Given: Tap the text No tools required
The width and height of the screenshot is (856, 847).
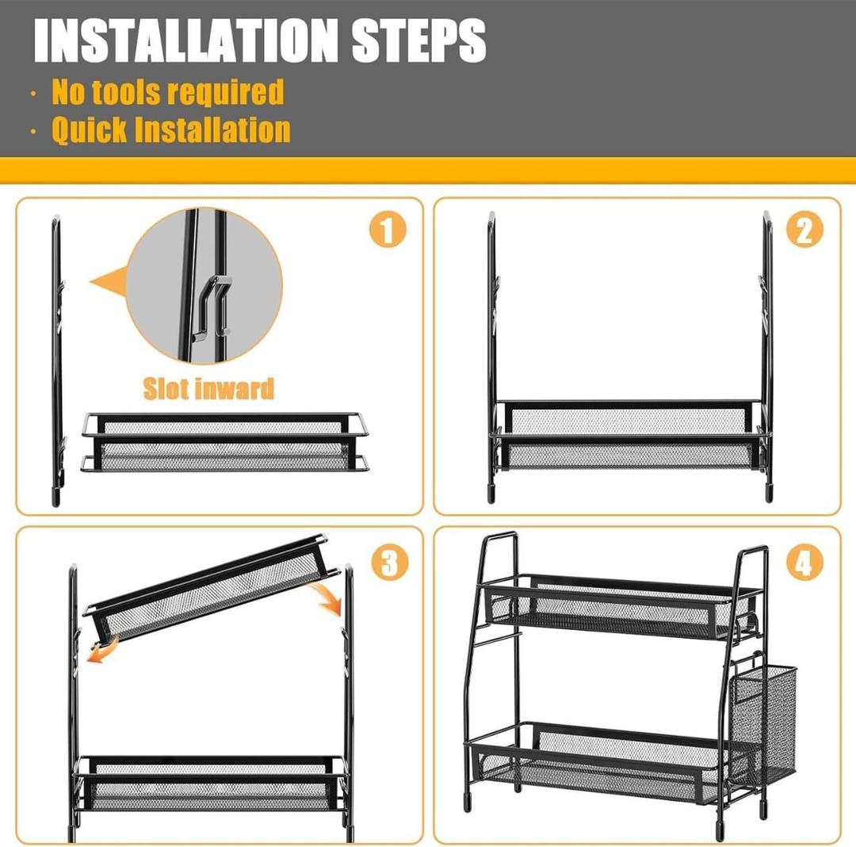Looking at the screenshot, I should coord(167,92).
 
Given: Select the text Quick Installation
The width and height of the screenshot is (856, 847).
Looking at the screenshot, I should coord(170,129).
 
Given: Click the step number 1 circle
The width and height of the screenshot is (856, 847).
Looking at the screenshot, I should coord(387,231).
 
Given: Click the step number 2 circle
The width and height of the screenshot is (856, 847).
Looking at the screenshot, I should coord(804,231).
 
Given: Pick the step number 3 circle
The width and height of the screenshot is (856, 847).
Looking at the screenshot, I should coord(388,563).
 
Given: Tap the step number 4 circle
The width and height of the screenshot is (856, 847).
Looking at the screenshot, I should coord(804,563).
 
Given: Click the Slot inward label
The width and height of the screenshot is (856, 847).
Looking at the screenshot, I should coord(208,388).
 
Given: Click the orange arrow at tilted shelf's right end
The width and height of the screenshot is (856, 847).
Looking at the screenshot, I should coord(328,598).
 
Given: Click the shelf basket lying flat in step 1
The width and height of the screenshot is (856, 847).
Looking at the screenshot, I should coord(224,442).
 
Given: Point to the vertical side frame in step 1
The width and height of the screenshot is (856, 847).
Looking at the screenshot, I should coord(56,357).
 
